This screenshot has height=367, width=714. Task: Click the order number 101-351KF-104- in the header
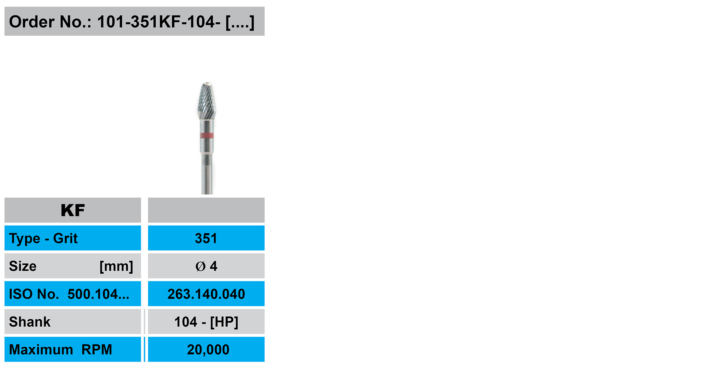point(159,22)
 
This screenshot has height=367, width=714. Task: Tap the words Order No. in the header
point(50,22)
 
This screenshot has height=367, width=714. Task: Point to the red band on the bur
point(207,136)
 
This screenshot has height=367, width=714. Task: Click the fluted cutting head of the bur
point(207,101)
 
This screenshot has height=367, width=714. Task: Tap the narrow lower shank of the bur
point(207,174)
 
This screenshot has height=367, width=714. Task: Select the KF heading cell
point(73,210)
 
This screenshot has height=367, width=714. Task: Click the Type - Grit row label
point(43,239)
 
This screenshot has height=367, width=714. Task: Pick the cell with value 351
point(206,238)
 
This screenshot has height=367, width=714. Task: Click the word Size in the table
point(23,266)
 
